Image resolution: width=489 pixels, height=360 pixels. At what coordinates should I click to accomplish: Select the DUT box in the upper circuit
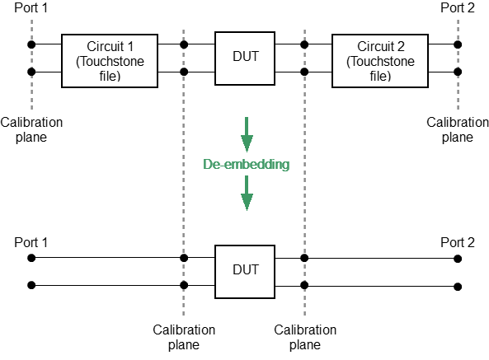click(x=245, y=56)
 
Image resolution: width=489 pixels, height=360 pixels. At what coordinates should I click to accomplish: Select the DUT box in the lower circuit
click(x=245, y=269)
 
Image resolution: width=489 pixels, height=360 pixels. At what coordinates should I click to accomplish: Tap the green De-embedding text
click(x=246, y=164)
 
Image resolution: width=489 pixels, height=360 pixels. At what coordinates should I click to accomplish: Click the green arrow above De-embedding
click(x=246, y=132)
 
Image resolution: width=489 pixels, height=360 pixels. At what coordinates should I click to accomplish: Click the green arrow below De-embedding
click(x=246, y=198)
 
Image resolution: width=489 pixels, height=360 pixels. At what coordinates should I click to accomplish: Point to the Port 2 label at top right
click(x=458, y=9)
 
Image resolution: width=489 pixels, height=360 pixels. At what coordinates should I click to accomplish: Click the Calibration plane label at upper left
click(x=31, y=129)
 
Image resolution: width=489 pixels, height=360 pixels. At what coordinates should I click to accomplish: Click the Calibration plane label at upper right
click(x=458, y=129)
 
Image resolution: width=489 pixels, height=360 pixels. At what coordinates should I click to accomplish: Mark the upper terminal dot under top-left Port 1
click(x=31, y=44)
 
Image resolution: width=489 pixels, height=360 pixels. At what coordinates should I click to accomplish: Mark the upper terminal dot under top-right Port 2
click(x=458, y=44)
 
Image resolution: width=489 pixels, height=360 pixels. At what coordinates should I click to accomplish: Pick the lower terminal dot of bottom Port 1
click(x=31, y=286)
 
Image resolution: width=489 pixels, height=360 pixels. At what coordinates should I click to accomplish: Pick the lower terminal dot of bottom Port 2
click(x=458, y=286)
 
